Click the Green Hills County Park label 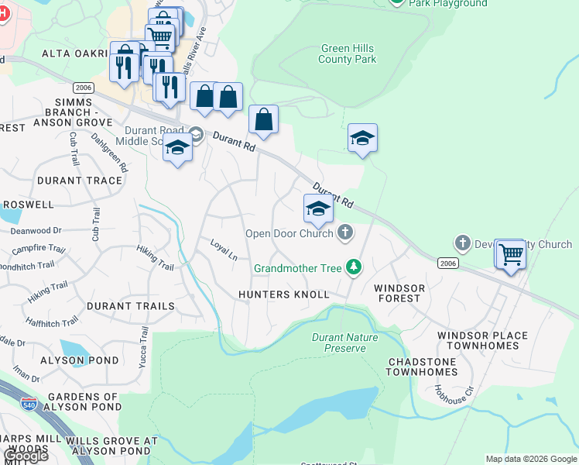348,53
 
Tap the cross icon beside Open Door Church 345,232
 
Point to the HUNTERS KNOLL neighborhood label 284,294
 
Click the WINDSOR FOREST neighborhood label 399,294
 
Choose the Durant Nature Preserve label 344,343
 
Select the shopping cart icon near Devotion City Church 510,253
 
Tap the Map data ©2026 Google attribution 531,459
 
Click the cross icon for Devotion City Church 463,243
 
